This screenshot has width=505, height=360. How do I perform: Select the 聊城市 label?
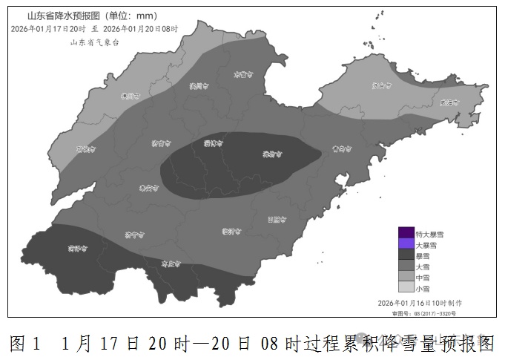86,148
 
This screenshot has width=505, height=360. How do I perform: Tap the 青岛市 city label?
340,148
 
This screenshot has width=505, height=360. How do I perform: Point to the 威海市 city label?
449,102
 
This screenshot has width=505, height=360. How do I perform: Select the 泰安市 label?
148,189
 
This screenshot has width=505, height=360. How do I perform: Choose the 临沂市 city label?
232,232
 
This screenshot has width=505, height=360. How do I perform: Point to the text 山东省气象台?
94,43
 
